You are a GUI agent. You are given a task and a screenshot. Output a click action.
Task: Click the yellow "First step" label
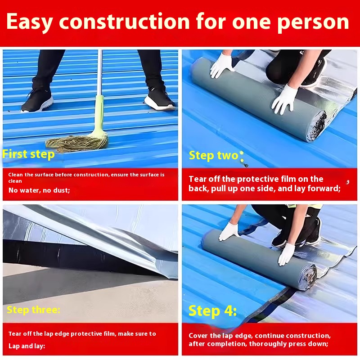point(28,154)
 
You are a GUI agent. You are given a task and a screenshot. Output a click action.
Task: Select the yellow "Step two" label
point(213,156)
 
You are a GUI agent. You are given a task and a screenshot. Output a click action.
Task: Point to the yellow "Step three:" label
point(33,310)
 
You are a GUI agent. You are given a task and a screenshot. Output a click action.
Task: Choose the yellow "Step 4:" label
point(212,311)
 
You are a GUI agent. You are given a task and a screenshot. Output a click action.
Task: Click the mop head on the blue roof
point(77,142)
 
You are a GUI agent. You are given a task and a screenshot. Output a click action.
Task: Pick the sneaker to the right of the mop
point(160,99)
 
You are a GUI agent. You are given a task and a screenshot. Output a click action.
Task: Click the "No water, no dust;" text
point(39,190)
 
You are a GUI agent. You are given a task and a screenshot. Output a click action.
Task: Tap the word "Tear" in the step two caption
point(197,179)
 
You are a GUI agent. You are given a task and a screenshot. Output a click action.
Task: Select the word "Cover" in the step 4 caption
point(198,336)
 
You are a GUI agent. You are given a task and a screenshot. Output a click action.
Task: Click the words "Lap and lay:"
point(27,346)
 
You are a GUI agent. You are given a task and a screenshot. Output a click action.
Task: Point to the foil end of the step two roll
point(318,127)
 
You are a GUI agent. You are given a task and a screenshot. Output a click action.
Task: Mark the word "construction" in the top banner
point(125,22)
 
